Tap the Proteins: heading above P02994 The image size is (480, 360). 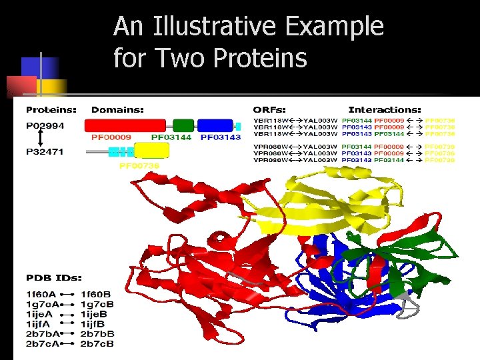pos(51,109)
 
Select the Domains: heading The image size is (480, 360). pos(117,109)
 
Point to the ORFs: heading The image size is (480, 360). pos(269,109)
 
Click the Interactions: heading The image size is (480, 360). pos(385,109)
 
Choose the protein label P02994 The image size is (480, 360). pos(45,125)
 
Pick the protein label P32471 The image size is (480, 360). pos(45,152)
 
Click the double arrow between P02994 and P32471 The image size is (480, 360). pos(41,139)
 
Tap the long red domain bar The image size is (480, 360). pos(125,125)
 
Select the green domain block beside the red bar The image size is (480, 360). pos(183,125)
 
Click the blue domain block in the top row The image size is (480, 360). pos(215,125)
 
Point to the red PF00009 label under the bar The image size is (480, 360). pos(111,137)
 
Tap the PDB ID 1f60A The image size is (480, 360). pos(41,293)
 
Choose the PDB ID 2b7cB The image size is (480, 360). pos(97,344)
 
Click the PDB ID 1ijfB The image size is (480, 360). pos(96,323)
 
